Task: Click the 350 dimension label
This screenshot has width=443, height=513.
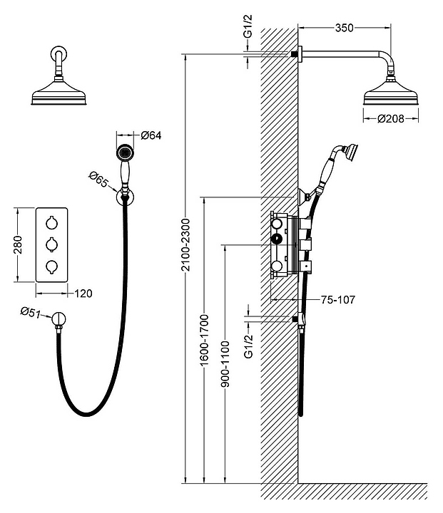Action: tap(345, 28)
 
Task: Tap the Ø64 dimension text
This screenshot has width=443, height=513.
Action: tap(151, 135)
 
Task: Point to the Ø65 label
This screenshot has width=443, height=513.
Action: tap(98, 179)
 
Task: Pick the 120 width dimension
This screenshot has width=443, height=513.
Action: tap(83, 293)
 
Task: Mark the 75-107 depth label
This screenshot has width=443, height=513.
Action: tap(337, 300)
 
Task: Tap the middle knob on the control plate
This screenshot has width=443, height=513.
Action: tap(51, 244)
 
